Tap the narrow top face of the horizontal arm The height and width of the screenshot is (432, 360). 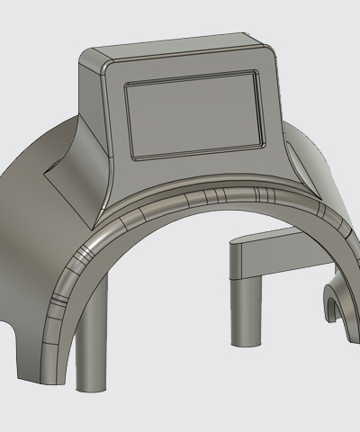[x=270, y=237]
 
